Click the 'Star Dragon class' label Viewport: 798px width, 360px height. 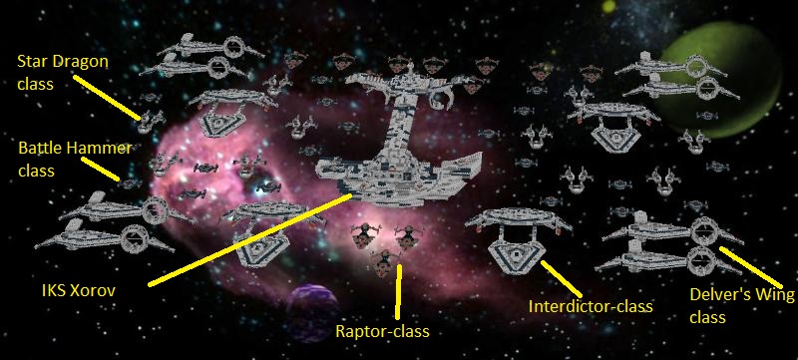[x=62, y=72]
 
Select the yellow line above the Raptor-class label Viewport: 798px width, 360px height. [x=398, y=289]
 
